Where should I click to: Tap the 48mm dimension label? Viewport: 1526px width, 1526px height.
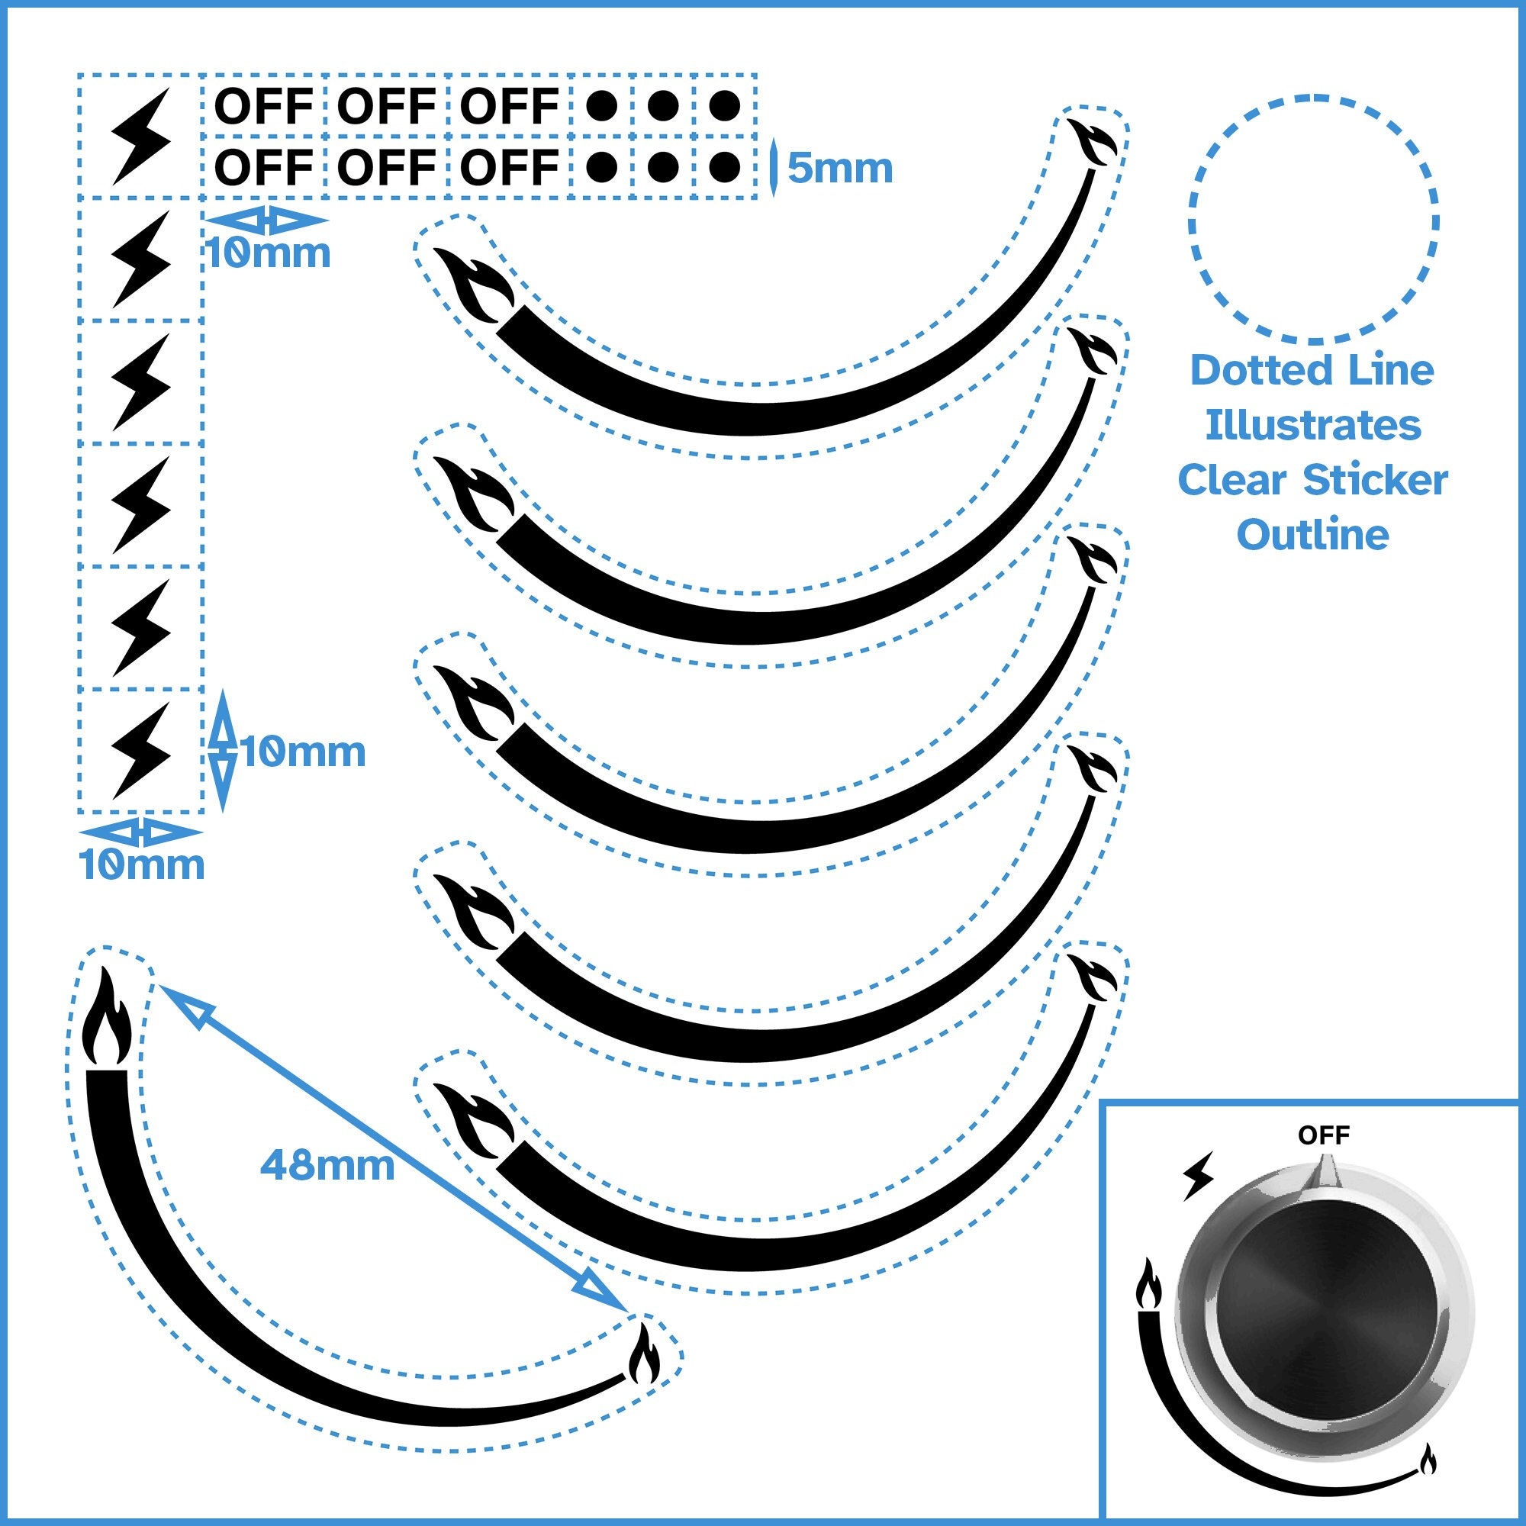pyautogui.click(x=327, y=1165)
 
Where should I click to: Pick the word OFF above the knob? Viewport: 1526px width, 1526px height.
pyautogui.click(x=1324, y=1136)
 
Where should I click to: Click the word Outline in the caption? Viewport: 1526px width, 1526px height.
pyautogui.click(x=1312, y=536)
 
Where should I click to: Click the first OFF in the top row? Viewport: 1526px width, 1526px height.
pyautogui.click(x=264, y=105)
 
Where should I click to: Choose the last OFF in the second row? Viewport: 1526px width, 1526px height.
pyautogui.click(x=510, y=166)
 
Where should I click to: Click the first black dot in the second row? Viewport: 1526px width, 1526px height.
pyautogui.click(x=602, y=166)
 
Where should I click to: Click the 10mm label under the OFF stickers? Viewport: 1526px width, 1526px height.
pyautogui.click(x=269, y=253)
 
